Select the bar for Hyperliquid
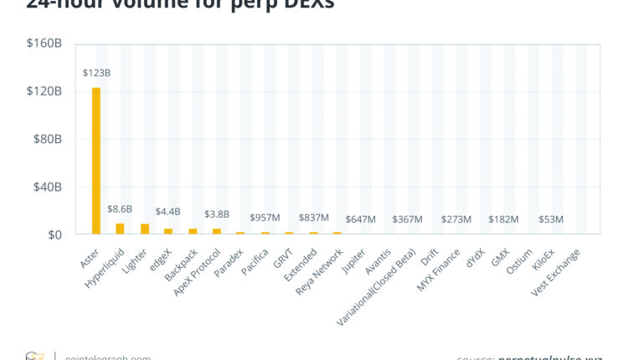pyautogui.click(x=120, y=229)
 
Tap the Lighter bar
pyautogui.click(x=144, y=229)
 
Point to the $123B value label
pyautogui.click(x=96, y=73)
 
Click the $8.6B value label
pyautogui.click(x=120, y=208)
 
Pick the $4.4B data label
pyautogui.click(x=167, y=212)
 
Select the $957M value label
pyautogui.click(x=265, y=217)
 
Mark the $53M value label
pyautogui.click(x=552, y=219)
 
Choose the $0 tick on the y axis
pyautogui.click(x=54, y=235)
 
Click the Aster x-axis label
pyautogui.click(x=89, y=257)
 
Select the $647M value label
pyautogui.click(x=360, y=219)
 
